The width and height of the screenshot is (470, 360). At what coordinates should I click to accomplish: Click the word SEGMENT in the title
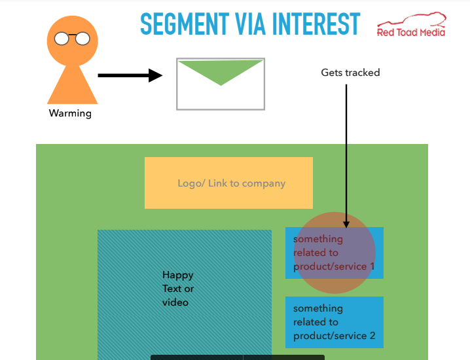click(x=185, y=24)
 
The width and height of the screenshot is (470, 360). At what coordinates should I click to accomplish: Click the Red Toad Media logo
click(x=411, y=24)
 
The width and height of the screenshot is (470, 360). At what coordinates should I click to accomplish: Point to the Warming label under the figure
click(x=70, y=113)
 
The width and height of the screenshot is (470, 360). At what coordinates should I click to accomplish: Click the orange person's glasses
click(x=72, y=39)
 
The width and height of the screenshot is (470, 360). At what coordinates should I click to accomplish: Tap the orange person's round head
click(x=72, y=41)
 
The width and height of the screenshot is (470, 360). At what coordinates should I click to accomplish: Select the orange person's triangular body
click(x=72, y=86)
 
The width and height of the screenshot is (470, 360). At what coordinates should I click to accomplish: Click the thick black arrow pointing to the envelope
click(x=130, y=75)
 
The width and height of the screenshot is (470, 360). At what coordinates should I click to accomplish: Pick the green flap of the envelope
click(x=221, y=72)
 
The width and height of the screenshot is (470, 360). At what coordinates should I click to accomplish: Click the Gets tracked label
click(x=350, y=73)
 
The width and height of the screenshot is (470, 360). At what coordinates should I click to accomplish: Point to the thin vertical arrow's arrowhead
click(x=346, y=225)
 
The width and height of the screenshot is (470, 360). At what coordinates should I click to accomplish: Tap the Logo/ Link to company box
click(x=228, y=183)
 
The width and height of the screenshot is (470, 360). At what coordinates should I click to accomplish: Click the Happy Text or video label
click(x=178, y=289)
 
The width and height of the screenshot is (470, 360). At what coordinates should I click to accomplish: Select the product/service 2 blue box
click(x=334, y=322)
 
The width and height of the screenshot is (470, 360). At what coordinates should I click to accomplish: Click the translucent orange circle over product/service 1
click(x=334, y=253)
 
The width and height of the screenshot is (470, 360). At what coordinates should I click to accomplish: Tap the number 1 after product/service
click(x=372, y=266)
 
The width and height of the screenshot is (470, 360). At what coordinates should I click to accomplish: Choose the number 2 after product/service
click(x=372, y=336)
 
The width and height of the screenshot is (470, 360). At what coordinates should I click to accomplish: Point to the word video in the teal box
click(x=175, y=302)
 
